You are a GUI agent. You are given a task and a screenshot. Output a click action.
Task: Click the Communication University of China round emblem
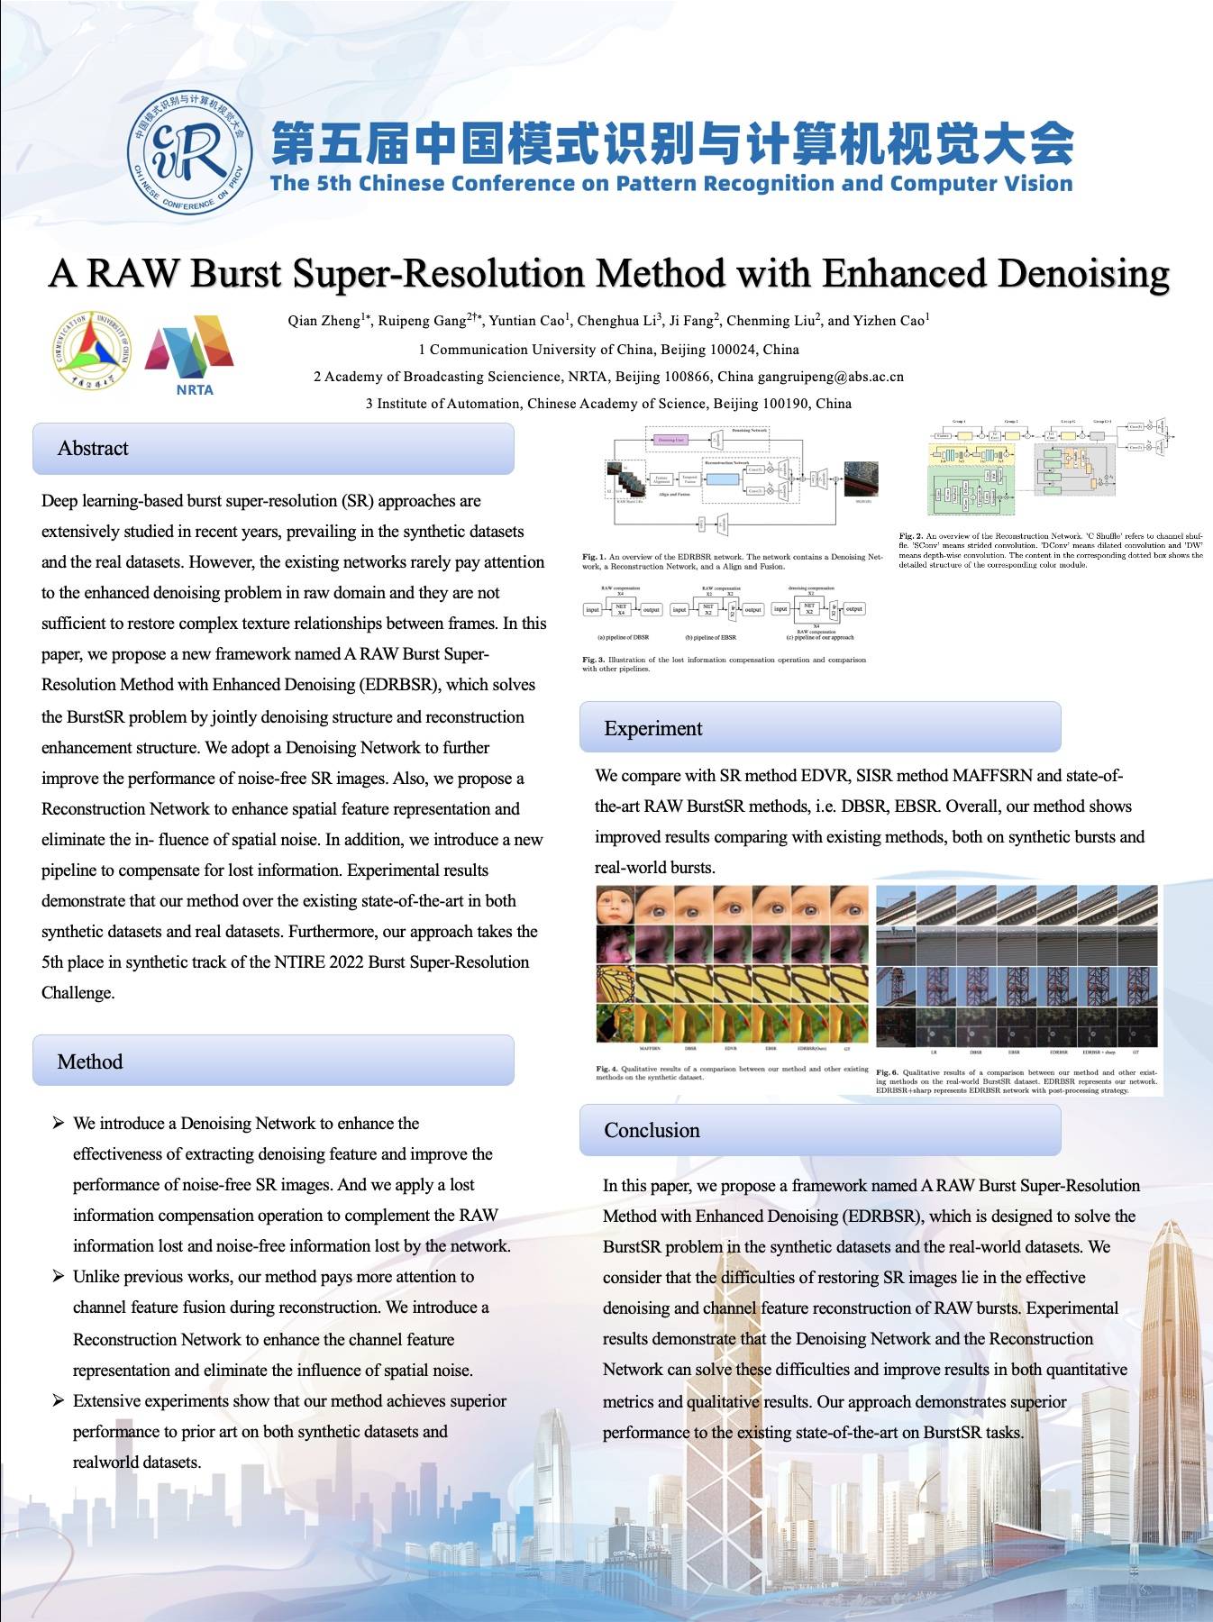(92, 351)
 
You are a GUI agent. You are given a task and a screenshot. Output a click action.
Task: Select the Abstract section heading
(93, 449)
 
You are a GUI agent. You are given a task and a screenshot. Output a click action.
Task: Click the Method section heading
(90, 1062)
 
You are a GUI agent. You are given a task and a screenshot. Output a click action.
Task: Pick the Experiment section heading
(652, 728)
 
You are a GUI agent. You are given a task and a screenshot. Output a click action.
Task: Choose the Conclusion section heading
(652, 1130)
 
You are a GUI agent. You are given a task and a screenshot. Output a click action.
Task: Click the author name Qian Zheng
(324, 321)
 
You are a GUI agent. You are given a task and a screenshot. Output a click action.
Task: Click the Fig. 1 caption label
(594, 557)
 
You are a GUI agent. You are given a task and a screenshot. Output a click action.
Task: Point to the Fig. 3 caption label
(594, 660)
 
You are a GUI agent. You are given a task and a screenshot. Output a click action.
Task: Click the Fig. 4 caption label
(607, 1069)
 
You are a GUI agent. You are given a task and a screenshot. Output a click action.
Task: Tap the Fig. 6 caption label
(888, 1073)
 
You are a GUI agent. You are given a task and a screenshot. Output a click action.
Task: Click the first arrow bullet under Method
(59, 1123)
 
